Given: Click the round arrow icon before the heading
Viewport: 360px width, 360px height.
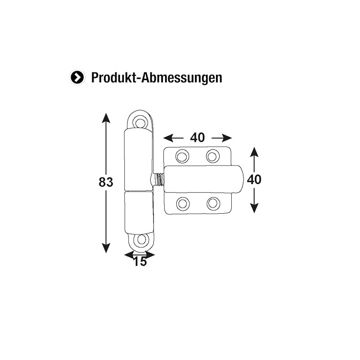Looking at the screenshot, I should [77, 77].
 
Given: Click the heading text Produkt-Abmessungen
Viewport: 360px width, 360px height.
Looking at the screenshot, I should [157, 77].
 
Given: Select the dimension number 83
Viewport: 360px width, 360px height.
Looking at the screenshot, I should [106, 182].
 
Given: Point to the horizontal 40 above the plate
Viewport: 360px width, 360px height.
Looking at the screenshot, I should [197, 137].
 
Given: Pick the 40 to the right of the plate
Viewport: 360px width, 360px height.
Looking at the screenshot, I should [254, 179].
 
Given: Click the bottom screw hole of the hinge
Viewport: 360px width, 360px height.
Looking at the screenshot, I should [142, 239].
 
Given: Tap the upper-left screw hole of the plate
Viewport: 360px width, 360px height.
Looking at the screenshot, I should [182, 156].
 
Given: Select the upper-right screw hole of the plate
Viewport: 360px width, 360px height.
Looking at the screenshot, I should [212, 156].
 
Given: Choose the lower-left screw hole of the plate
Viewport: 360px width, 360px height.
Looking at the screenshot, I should [182, 204].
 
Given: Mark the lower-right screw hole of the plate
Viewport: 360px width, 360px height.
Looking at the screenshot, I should [212, 204].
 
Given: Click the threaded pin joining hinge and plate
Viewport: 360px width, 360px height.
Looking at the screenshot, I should [159, 179].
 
